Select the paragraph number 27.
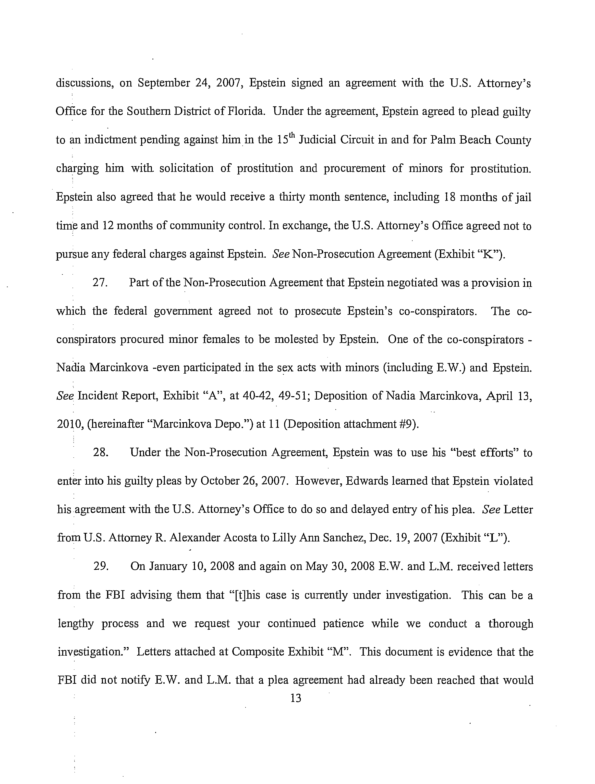point(100,283)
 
